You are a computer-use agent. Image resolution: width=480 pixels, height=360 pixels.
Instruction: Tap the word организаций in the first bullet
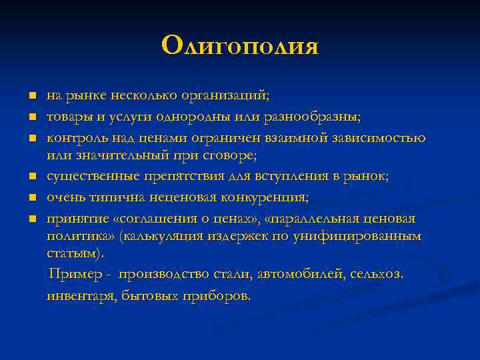tap(231, 96)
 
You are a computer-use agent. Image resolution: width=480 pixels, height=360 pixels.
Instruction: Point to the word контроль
tap(73, 138)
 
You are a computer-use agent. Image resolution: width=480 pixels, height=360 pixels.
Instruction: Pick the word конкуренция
tap(265, 197)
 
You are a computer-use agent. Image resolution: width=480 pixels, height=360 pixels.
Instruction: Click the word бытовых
tap(150, 295)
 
